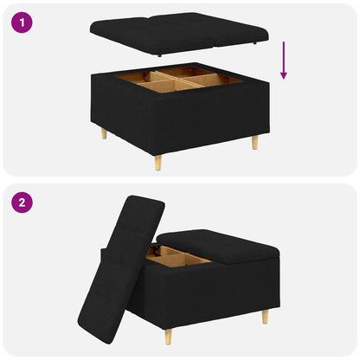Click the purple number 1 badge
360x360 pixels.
pyautogui.click(x=22, y=22)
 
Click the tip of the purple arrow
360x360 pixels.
pyautogui.click(x=283, y=79)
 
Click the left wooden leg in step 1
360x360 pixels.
pyautogui.click(x=105, y=133)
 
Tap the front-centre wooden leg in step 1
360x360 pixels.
pyautogui.click(x=157, y=162)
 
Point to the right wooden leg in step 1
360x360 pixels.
pyautogui.click(x=255, y=141)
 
